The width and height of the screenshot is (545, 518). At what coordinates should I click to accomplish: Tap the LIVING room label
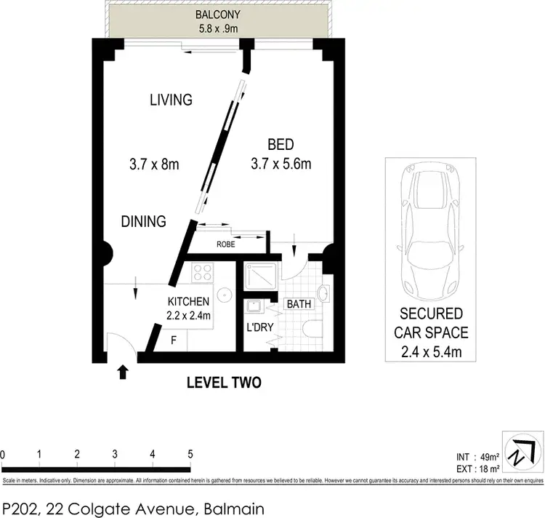click(171, 100)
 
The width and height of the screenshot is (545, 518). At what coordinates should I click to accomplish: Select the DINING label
click(144, 221)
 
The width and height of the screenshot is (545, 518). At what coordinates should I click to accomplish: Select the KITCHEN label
click(188, 301)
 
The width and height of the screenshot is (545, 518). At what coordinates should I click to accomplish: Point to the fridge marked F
click(173, 339)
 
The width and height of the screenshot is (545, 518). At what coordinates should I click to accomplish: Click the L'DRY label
click(259, 327)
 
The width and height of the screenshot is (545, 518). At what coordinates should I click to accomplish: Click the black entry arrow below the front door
click(123, 372)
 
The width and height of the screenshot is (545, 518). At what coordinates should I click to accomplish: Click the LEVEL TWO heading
click(224, 382)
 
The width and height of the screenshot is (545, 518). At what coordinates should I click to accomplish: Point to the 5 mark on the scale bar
click(190, 454)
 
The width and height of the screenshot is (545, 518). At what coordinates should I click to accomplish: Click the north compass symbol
click(522, 453)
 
